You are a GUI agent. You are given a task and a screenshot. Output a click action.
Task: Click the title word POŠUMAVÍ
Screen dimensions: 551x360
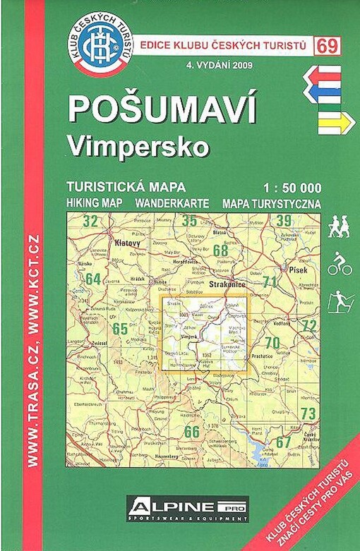pos(162,111)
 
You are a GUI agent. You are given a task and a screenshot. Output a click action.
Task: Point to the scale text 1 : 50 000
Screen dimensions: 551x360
pos(291,188)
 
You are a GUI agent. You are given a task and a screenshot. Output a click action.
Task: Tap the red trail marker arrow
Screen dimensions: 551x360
pos(322,75)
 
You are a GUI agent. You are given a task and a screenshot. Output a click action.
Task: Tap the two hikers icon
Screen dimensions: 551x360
pos(340,227)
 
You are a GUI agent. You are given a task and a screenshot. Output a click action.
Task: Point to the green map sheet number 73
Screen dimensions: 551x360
pos(308,413)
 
